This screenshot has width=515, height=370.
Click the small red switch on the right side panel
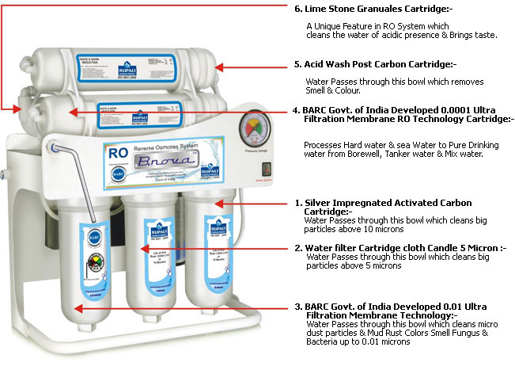coord(266,170)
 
